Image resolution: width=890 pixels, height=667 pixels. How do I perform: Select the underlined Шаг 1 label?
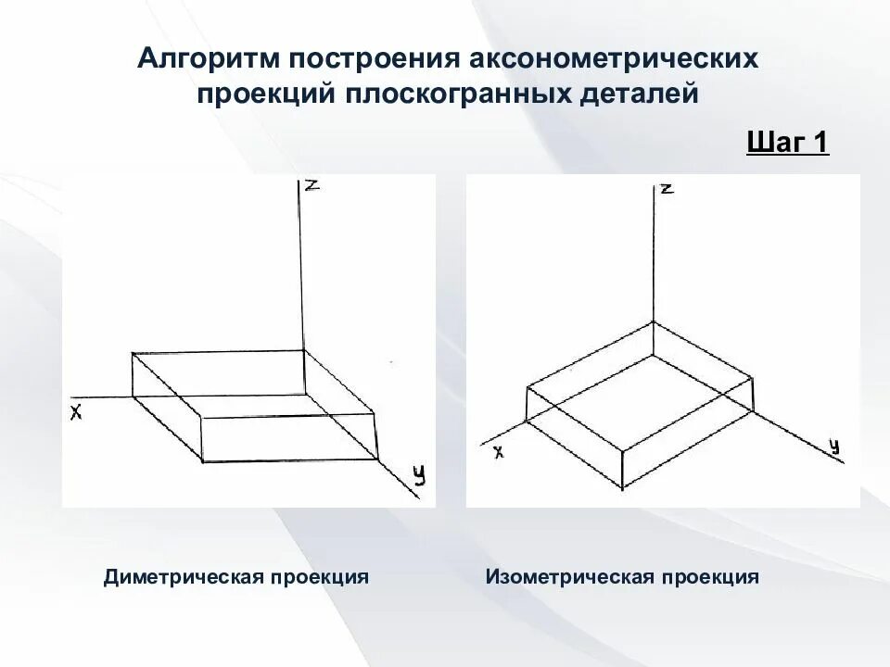[x=786, y=144]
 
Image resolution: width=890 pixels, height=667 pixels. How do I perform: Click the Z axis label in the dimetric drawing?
[x=312, y=185]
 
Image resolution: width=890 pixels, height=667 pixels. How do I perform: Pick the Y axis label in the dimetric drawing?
[x=419, y=475]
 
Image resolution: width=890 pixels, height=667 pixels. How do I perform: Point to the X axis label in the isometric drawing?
[x=498, y=452]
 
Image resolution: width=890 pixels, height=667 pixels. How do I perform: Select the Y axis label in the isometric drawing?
[x=833, y=447]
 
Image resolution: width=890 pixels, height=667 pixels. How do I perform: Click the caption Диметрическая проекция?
[x=236, y=577]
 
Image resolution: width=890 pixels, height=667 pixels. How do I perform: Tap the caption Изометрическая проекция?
[x=622, y=577]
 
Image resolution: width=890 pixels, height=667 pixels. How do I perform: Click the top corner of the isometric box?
[x=655, y=321]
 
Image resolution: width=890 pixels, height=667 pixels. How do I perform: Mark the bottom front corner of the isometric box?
[x=622, y=485]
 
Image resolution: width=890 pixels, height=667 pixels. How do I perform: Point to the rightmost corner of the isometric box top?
[x=751, y=377]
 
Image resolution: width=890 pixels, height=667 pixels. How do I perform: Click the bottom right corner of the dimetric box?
[x=378, y=459]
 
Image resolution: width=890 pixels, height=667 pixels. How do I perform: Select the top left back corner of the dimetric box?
[x=133, y=353]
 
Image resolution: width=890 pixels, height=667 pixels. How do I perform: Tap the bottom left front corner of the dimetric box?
[x=202, y=460]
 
